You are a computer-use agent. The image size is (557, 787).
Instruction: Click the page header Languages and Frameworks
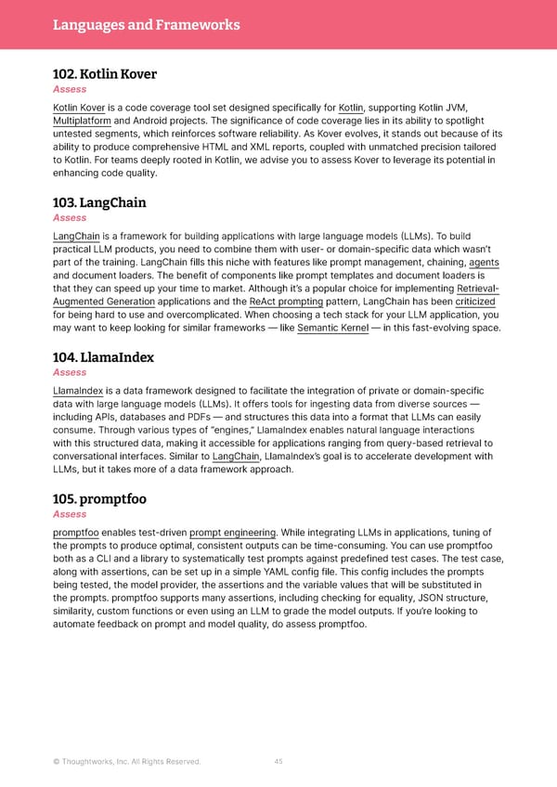(146, 25)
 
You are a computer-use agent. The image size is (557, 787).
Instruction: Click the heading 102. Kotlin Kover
(105, 73)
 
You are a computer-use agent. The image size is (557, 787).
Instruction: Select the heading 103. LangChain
(99, 202)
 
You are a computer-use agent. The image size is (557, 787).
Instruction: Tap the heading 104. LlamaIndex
(103, 356)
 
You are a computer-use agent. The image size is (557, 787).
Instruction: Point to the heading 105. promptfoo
(99, 498)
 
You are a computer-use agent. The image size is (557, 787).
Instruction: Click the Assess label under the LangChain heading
(70, 218)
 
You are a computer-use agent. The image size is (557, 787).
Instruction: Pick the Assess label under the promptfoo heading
(70, 514)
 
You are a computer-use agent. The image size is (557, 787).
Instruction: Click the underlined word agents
(484, 263)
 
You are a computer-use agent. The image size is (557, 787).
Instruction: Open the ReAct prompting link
(286, 302)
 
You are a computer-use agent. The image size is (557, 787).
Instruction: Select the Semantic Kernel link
(339, 328)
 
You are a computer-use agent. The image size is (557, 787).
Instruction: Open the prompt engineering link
(232, 533)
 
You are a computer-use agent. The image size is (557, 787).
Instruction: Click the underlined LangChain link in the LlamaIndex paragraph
(236, 457)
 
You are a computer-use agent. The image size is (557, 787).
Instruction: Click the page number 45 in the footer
(278, 762)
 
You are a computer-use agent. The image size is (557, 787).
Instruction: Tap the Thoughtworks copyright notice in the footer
(126, 762)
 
